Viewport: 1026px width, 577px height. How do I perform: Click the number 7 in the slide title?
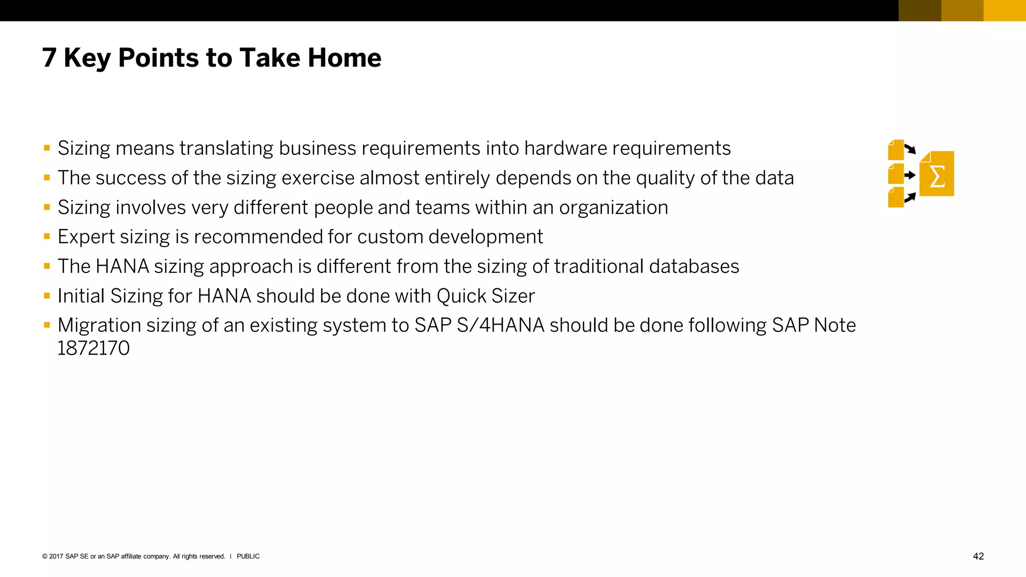coord(49,58)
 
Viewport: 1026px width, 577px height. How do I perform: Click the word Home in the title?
coord(344,58)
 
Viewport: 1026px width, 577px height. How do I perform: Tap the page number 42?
coord(978,556)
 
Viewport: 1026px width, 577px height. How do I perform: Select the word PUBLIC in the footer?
coord(248,556)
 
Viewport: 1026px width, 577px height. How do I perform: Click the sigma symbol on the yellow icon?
coord(937,176)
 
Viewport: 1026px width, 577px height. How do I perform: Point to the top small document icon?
coord(895,150)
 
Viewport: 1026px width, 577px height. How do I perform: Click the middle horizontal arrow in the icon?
coord(910,175)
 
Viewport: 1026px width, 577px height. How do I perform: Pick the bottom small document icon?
coord(895,197)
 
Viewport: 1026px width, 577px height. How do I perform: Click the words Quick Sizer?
coord(485,296)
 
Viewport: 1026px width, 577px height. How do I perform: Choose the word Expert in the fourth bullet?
coord(86,237)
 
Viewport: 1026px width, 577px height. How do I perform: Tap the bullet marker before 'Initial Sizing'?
coord(47,296)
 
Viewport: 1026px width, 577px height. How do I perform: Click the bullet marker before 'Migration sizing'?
coord(47,325)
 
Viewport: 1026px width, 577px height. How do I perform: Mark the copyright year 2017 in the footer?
coord(56,556)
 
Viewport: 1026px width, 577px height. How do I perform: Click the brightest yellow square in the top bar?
coord(1004,11)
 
